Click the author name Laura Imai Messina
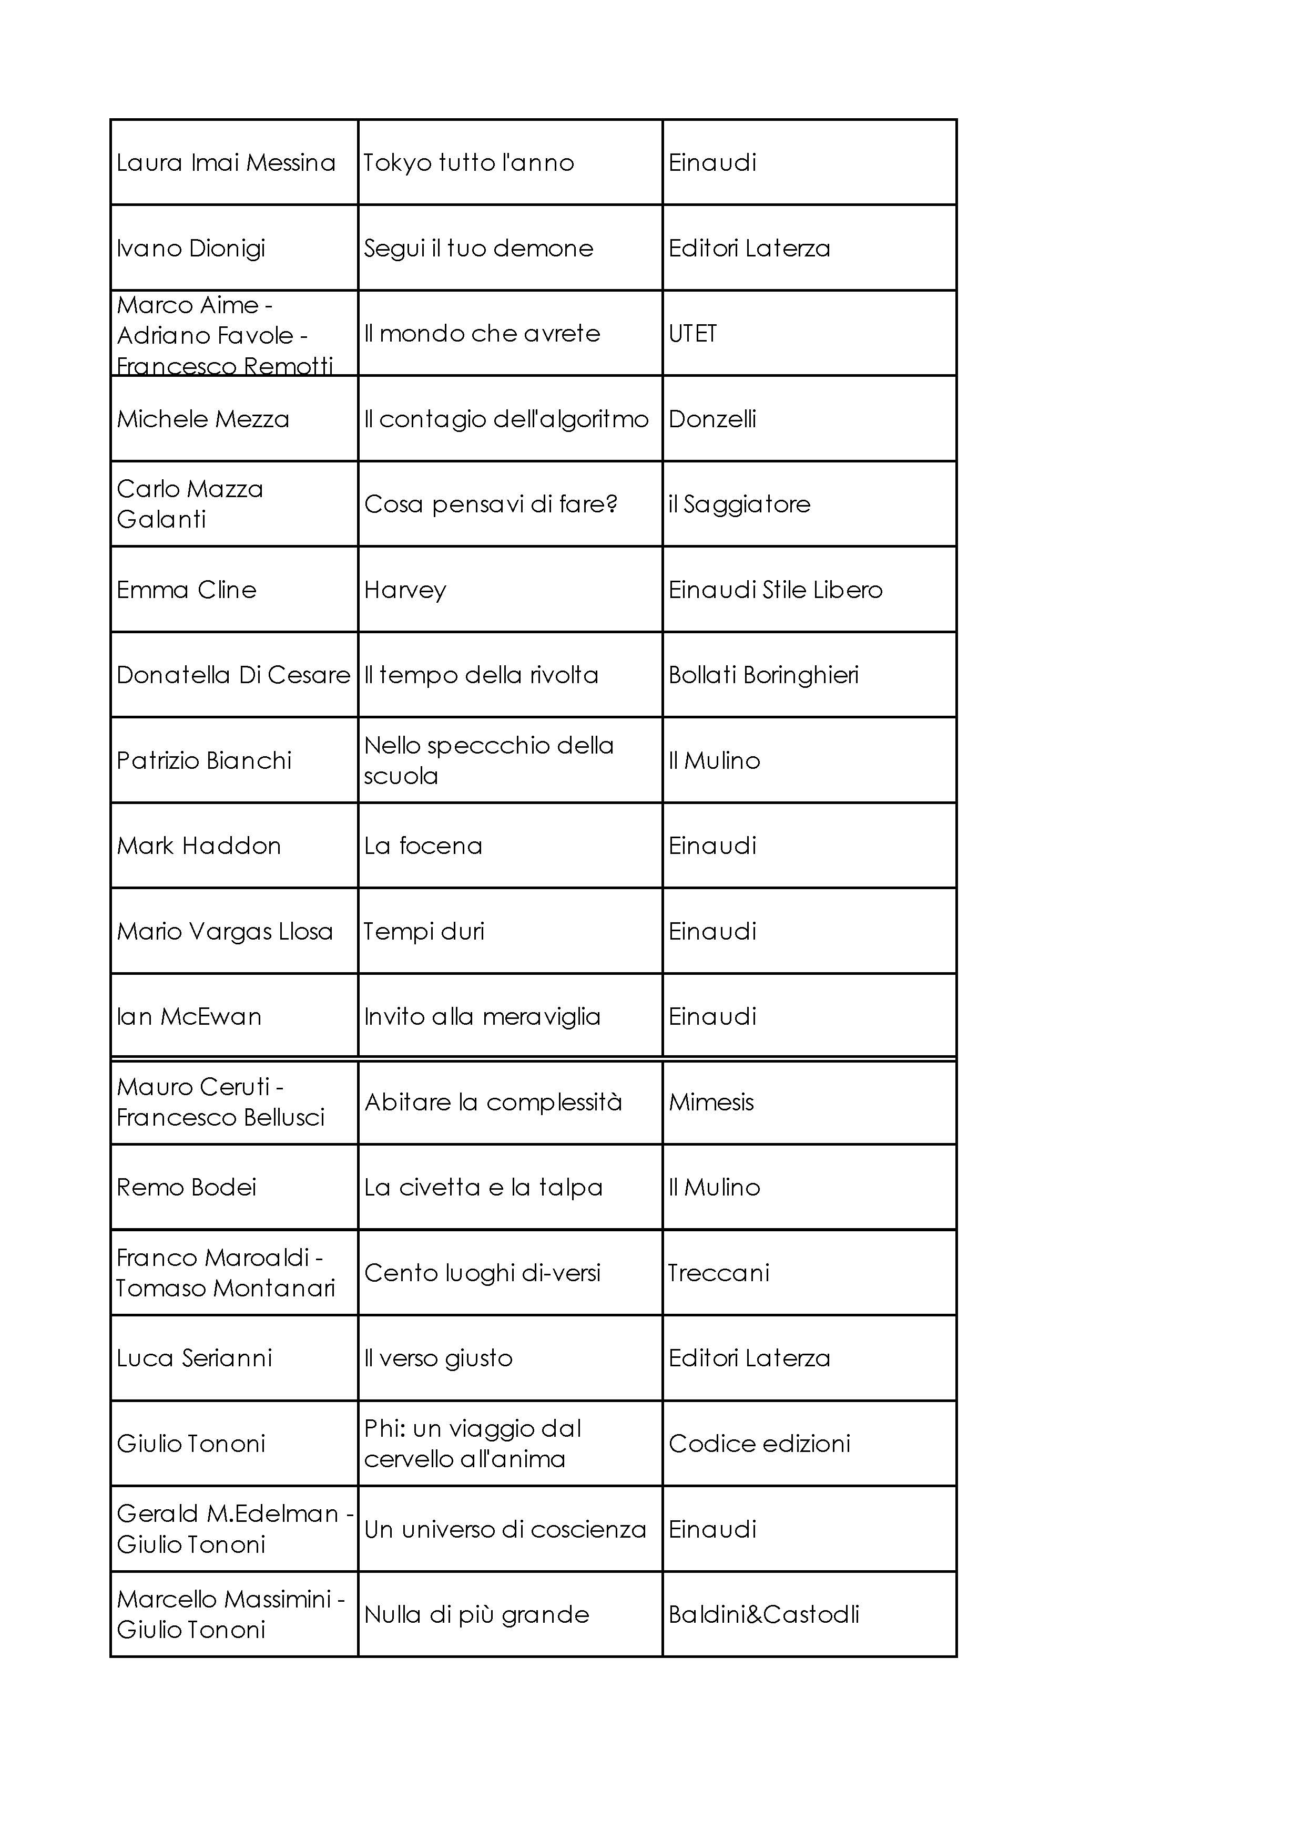tap(226, 163)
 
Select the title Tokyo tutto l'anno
tap(468, 163)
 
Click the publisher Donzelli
tap(712, 419)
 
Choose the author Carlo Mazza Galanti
tap(190, 504)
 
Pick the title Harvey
tap(405, 590)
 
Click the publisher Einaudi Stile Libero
tap(776, 590)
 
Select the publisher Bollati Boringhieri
tap(763, 675)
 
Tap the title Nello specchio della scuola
tap(488, 760)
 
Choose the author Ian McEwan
tap(189, 1017)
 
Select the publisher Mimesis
tap(711, 1103)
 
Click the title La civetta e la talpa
tap(483, 1188)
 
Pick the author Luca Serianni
tap(195, 1358)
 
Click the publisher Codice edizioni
tap(759, 1444)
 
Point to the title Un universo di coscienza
tap(505, 1529)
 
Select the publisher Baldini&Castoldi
tap(763, 1614)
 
